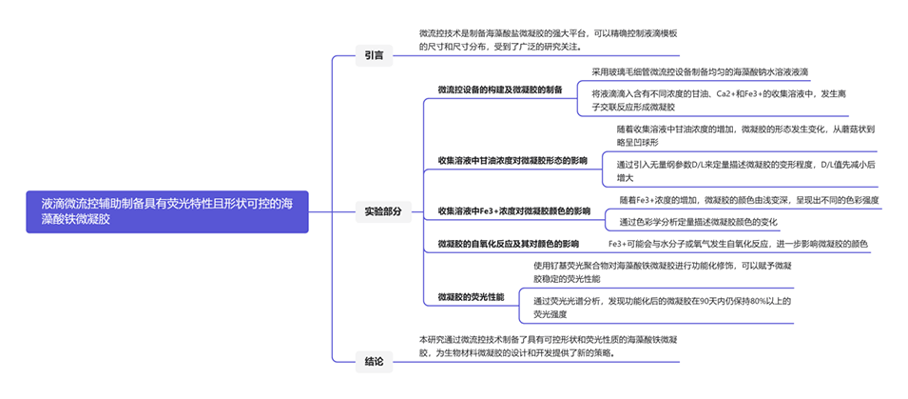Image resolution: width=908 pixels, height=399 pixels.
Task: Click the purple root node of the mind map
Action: pos(167,210)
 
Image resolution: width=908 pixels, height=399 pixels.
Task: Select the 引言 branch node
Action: pos(374,55)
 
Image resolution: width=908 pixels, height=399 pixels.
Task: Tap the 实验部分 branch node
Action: pos(383,210)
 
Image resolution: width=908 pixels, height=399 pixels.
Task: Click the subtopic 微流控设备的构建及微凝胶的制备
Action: pos(500,90)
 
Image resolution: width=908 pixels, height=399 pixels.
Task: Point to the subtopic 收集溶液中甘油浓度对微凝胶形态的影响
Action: pos(512,159)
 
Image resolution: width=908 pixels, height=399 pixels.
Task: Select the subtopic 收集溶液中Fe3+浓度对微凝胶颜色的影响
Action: pos(513,210)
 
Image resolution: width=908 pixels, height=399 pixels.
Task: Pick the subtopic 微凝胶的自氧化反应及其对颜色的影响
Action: pos(509,244)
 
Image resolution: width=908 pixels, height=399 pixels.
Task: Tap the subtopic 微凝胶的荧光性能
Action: pos(472,297)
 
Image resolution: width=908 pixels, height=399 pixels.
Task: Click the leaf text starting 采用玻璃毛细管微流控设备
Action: pos(700,71)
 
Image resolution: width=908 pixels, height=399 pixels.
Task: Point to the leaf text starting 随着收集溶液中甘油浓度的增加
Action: pos(745,135)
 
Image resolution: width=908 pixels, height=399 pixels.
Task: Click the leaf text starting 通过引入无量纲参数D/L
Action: pos(745,170)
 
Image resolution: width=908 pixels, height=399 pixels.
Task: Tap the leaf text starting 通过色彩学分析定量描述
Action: pos(698,222)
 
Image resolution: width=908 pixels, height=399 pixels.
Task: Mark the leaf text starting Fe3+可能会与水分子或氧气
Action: pos(738,244)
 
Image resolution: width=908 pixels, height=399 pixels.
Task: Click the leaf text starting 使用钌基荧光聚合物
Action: pos(662,271)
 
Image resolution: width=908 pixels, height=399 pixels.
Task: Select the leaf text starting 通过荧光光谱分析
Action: pos(662,307)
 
